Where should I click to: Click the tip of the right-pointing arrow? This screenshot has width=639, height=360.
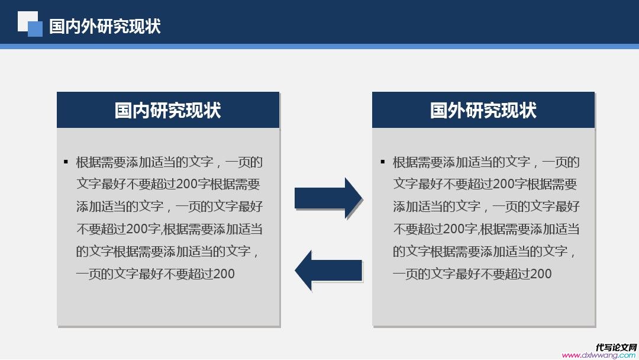point(362,198)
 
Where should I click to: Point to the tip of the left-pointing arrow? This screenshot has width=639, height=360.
point(295,271)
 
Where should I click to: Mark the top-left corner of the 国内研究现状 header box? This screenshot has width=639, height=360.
point(57,92)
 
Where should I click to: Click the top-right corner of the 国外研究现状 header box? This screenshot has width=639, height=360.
point(595,92)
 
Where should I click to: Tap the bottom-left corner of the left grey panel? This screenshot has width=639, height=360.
point(57,326)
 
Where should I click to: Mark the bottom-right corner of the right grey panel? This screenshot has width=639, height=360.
point(595,326)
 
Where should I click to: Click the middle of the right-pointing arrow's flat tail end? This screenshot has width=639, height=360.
point(295,198)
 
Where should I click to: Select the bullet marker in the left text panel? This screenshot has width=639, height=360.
point(66,162)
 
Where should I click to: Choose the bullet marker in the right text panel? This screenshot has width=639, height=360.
point(383,162)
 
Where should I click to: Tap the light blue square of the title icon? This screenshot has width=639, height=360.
point(35,29)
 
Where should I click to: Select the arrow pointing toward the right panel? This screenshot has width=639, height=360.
point(328,198)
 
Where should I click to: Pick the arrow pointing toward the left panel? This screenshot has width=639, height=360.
point(328,271)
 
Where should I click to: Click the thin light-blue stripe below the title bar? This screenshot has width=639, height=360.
point(319,46)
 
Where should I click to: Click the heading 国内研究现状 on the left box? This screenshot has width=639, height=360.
point(168,111)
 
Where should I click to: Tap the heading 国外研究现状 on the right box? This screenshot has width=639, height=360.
point(483,111)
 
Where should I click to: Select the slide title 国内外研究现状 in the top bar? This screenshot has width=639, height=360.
point(105,26)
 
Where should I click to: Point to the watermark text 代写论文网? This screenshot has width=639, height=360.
point(616,348)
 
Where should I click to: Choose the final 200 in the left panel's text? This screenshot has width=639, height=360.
point(224,274)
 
